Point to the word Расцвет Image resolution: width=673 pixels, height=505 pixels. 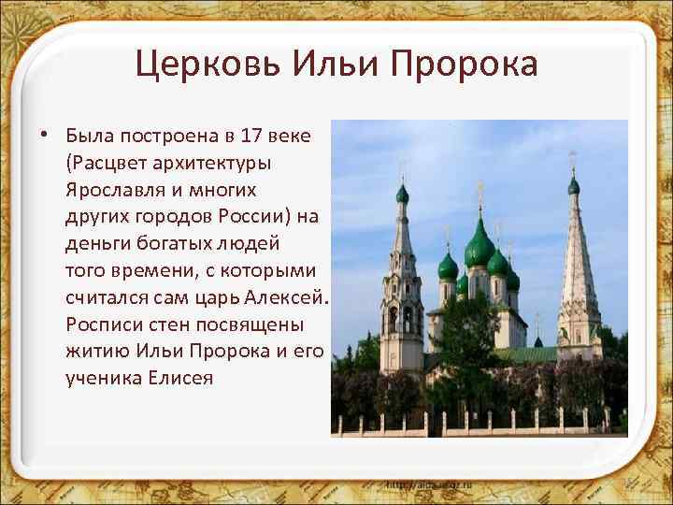point(105,162)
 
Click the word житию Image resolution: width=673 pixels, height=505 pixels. point(93,352)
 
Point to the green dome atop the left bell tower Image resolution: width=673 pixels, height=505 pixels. point(403,194)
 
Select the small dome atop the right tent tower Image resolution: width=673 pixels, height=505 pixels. point(574,186)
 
